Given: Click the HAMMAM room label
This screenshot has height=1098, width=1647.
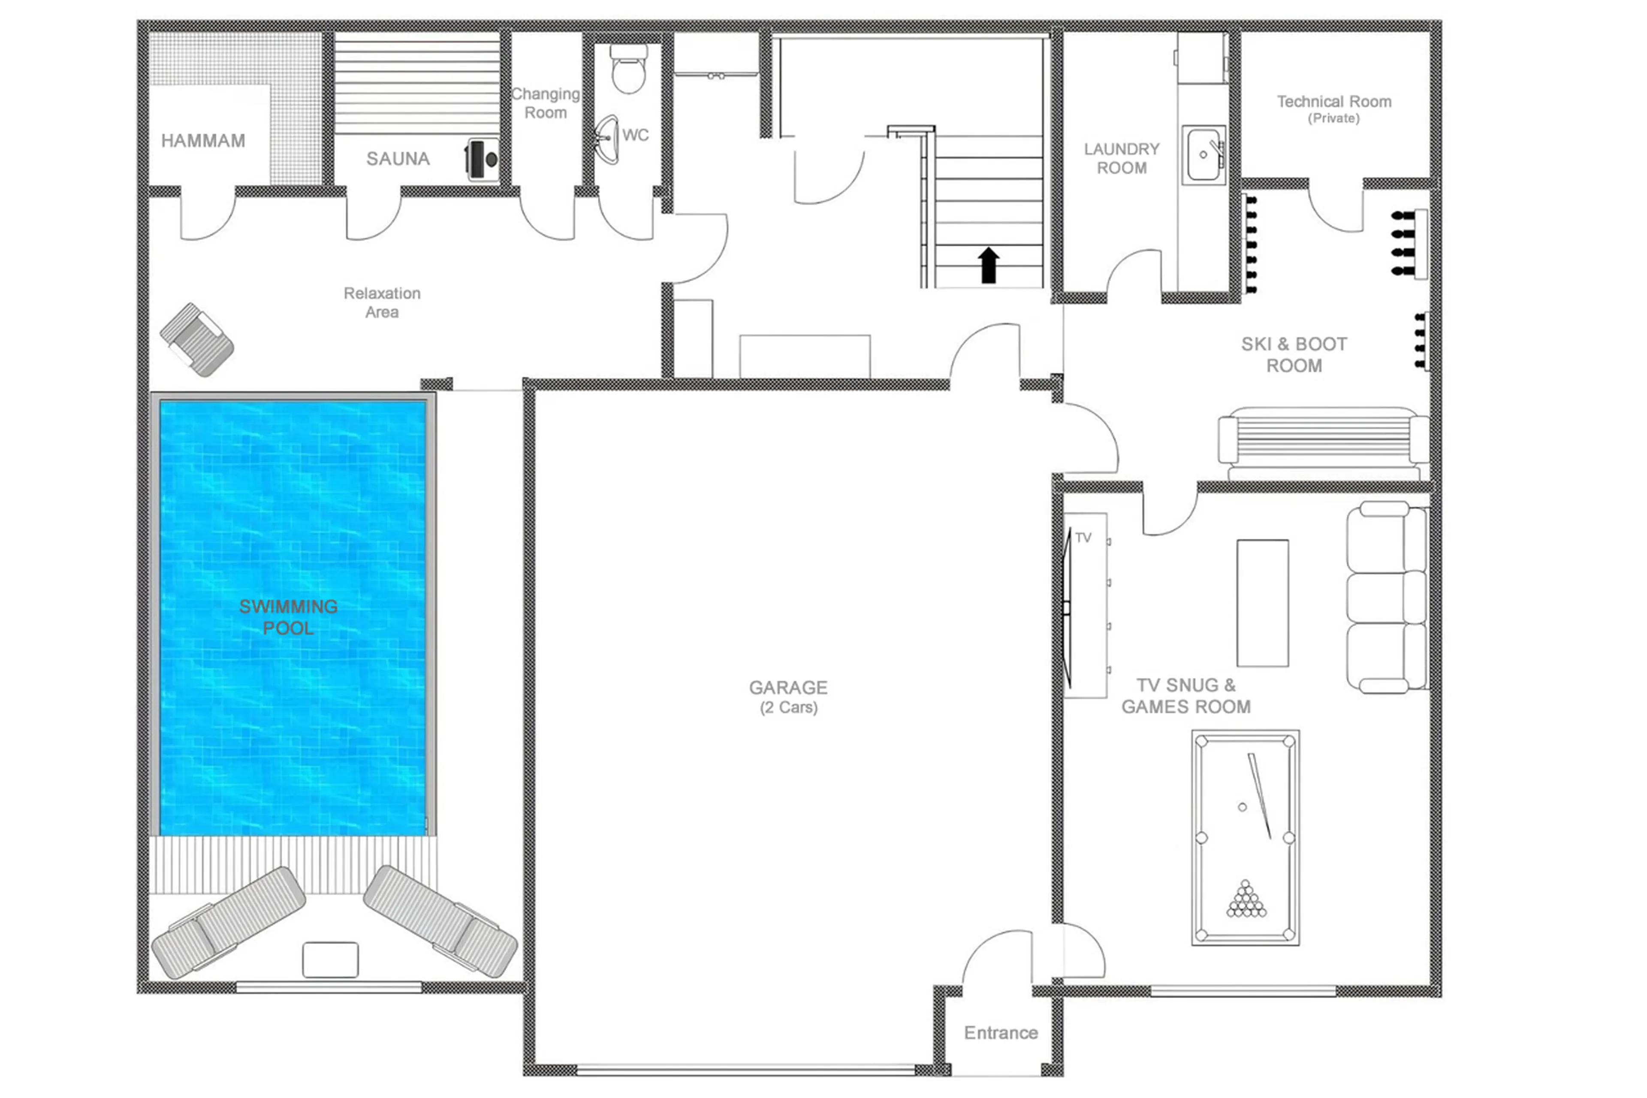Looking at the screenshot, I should (203, 141).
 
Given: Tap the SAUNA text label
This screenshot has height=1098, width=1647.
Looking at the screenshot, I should (398, 159).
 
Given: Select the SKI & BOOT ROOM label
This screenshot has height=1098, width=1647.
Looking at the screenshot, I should (1294, 355).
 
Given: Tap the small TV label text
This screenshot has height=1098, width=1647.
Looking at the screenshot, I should (1083, 538).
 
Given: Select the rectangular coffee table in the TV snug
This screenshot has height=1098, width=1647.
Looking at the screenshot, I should (1262, 603).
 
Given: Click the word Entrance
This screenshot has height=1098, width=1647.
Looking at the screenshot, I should (1000, 1033).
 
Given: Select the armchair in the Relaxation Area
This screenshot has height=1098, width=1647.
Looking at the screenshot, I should (197, 340).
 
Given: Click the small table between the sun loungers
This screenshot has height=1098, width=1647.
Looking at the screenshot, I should (330, 959).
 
